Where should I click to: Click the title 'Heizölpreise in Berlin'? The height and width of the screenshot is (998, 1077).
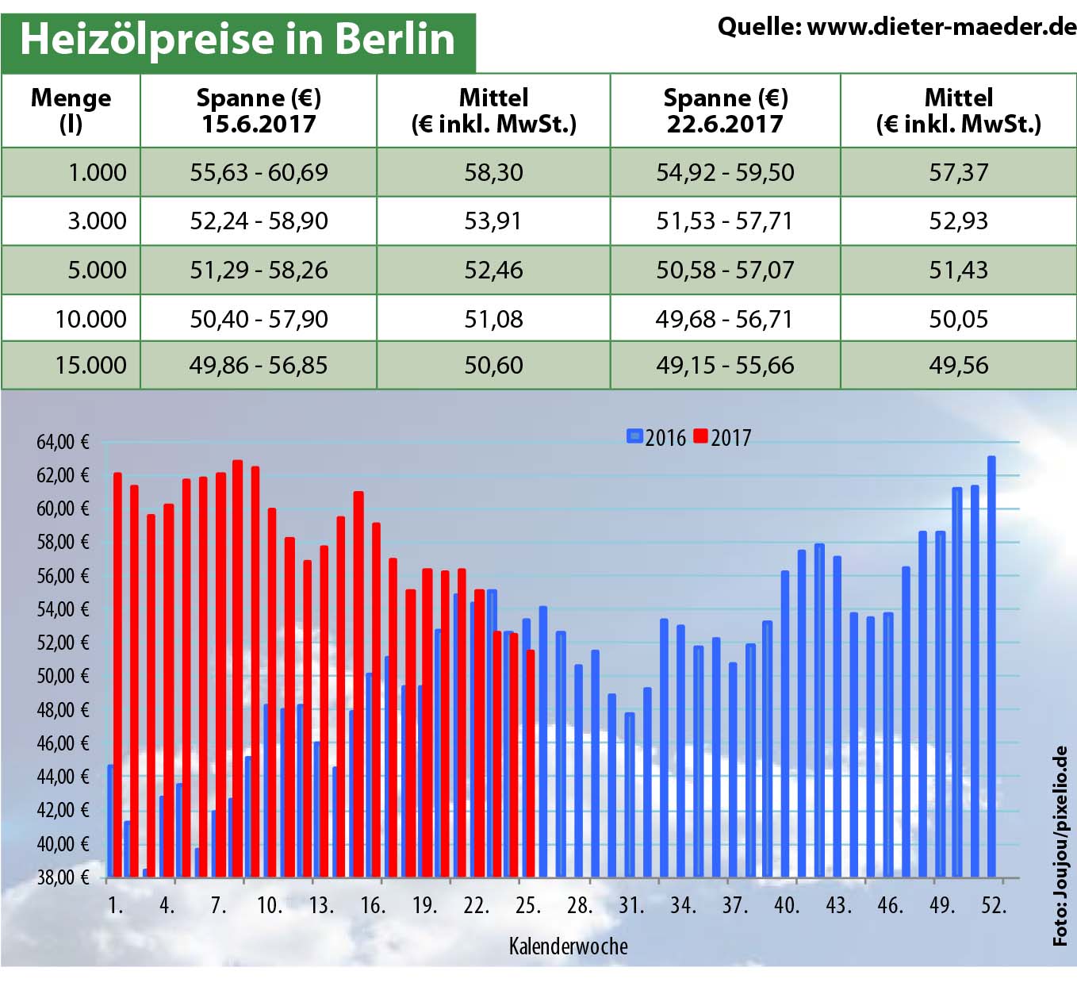pos(237,40)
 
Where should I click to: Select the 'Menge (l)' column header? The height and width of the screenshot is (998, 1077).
pos(71,110)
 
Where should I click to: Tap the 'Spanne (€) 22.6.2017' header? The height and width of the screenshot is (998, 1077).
pos(725,110)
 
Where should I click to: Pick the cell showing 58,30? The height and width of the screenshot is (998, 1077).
pos(493,172)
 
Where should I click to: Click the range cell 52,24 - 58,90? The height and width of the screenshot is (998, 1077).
pos(259,221)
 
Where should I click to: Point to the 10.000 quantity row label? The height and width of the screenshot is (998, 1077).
pos(90,319)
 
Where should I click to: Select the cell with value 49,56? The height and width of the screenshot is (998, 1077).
pos(958,365)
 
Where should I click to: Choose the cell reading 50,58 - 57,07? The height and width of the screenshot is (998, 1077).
pos(724,270)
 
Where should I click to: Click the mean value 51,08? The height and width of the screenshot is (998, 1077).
pos(493,319)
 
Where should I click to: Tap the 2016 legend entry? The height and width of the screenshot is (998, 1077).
pos(657,437)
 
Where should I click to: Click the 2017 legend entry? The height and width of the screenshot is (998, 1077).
pos(722,437)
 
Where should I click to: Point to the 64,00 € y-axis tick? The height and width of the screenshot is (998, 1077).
pos(63,442)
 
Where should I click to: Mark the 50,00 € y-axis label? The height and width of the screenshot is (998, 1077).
pos(63,676)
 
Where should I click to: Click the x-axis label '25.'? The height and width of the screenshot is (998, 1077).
pos(527,905)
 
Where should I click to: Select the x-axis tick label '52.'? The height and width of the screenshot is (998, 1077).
pos(993,905)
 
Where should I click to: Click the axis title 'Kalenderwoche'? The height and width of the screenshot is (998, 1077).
pos(568,946)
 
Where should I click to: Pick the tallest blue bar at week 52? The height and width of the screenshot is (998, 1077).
pos(991,666)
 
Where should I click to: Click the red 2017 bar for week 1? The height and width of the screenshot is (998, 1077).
pos(118,674)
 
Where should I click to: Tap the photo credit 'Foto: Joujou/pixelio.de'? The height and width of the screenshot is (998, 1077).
pos(1060,846)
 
